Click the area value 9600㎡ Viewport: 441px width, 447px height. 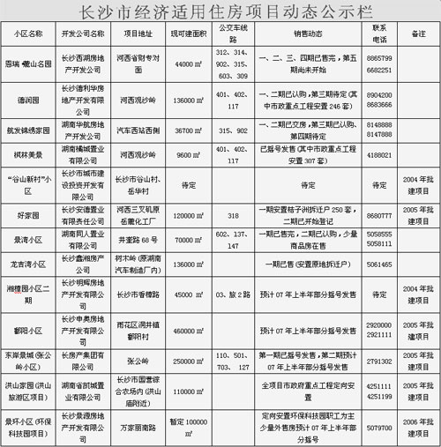tap(189, 153)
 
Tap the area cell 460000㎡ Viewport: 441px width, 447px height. tap(189, 331)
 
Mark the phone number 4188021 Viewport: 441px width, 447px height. tap(380, 153)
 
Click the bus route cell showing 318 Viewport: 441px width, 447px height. tap(233, 213)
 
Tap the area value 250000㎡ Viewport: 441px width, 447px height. tap(189, 361)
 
